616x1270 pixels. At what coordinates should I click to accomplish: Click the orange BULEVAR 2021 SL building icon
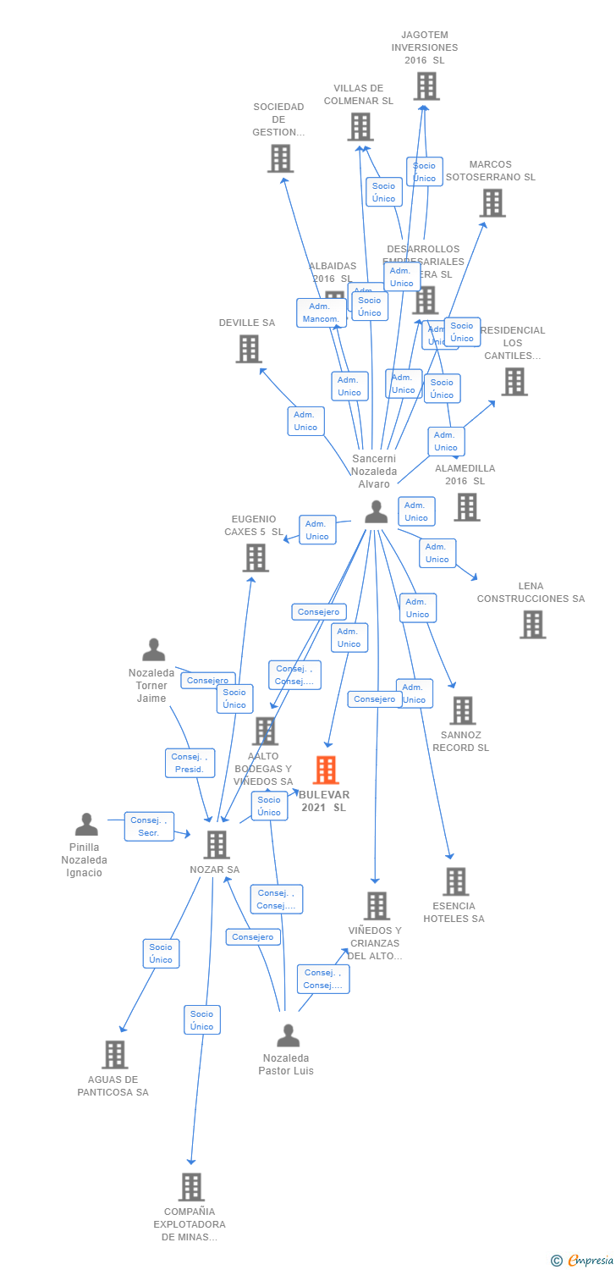(326, 770)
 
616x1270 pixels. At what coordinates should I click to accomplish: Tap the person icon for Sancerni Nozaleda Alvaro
(376, 511)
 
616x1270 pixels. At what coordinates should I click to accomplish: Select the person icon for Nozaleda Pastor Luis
(288, 1035)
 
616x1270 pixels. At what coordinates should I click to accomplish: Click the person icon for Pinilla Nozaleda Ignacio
(86, 825)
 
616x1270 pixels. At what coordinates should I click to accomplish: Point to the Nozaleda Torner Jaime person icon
(153, 650)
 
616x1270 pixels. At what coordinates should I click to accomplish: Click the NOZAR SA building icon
(217, 844)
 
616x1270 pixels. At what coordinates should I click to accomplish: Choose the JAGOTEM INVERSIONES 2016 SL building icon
(426, 86)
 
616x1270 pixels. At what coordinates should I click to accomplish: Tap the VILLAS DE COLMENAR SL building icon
(360, 127)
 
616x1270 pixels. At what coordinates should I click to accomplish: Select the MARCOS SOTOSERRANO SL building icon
(492, 203)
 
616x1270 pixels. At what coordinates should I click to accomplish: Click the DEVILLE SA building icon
(248, 349)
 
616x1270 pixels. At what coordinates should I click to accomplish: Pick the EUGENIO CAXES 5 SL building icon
(256, 558)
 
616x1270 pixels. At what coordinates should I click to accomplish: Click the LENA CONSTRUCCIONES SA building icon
(532, 625)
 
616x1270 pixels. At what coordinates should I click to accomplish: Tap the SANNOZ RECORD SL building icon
(462, 711)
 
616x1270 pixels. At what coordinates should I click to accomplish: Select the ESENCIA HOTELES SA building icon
(455, 881)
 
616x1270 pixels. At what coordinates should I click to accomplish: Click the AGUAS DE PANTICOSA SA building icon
(115, 1055)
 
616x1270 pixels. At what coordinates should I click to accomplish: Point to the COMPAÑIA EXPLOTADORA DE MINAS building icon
(191, 1187)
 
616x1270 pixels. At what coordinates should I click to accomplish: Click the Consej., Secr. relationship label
(149, 826)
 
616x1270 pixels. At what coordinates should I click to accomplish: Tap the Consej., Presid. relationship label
(190, 763)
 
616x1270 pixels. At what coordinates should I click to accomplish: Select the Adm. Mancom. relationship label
(322, 312)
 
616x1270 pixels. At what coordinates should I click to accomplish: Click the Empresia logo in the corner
(584, 1261)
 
